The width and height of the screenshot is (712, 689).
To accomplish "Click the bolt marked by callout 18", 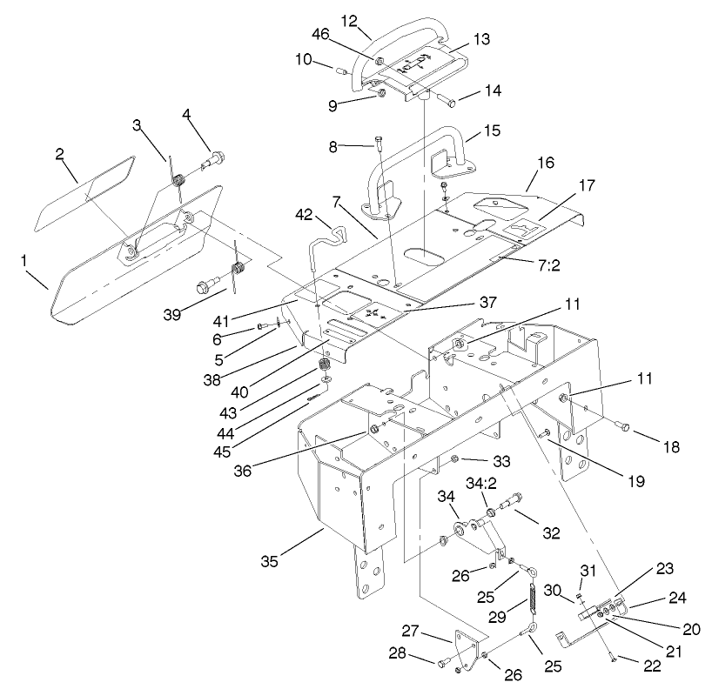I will (621, 425).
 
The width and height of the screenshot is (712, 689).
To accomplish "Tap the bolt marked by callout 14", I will (447, 102).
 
